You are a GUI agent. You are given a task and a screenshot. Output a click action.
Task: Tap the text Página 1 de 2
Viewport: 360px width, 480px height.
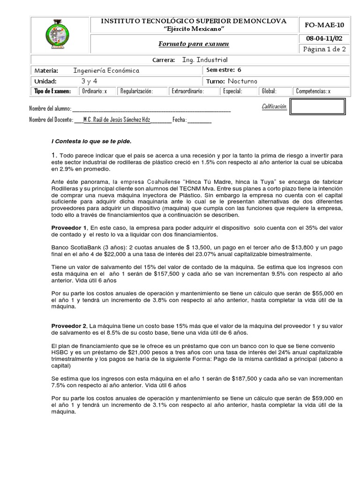[x=323, y=49]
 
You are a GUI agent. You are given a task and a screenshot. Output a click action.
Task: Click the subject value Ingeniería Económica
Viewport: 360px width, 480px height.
[x=106, y=70]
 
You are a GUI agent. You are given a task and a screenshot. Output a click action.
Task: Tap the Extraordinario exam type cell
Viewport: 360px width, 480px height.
[x=187, y=91]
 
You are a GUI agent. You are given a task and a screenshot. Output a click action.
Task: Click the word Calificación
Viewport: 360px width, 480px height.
[x=274, y=107]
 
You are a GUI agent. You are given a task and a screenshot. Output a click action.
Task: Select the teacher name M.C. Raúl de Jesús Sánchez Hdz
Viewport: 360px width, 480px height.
[x=117, y=120]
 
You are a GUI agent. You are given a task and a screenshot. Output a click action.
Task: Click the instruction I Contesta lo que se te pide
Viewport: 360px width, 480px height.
[x=91, y=141]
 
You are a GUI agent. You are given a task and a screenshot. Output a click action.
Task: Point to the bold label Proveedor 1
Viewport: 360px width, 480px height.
[x=69, y=227]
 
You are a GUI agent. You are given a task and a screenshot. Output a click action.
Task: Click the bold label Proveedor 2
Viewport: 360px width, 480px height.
[x=69, y=325]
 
